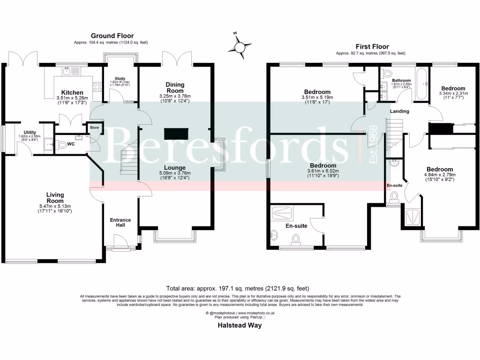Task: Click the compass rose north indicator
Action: pyautogui.click(x=240, y=46)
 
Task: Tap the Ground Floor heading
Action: pyautogui.click(x=112, y=36)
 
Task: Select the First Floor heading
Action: pyautogui.click(x=372, y=46)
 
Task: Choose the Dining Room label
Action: pyautogui.click(x=175, y=88)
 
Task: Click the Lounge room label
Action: pyautogui.click(x=175, y=167)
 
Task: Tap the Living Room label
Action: pyautogui.click(x=55, y=197)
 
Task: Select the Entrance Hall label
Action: pyautogui.click(x=120, y=223)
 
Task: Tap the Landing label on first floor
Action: pyautogui.click(x=399, y=111)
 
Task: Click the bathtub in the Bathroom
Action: pyautogui.click(x=420, y=84)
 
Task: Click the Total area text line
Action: pyautogui.click(x=238, y=288)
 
